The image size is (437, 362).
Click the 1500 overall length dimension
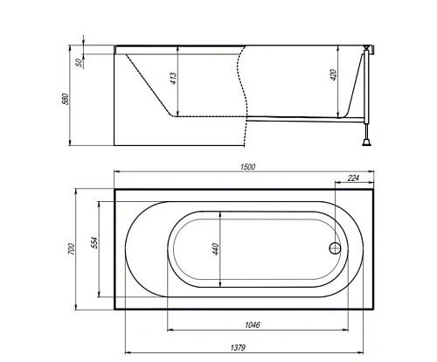point(248,167)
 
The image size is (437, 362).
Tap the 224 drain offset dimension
point(353,178)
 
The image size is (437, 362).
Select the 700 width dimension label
point(72,249)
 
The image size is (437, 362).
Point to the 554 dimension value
point(95,243)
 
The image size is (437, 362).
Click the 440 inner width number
point(216,249)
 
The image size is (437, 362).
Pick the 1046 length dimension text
point(253,324)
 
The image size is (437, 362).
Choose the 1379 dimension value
point(238,347)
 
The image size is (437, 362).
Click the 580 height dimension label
point(66,99)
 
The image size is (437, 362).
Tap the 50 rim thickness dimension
point(79,62)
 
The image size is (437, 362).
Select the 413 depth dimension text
point(173,79)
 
